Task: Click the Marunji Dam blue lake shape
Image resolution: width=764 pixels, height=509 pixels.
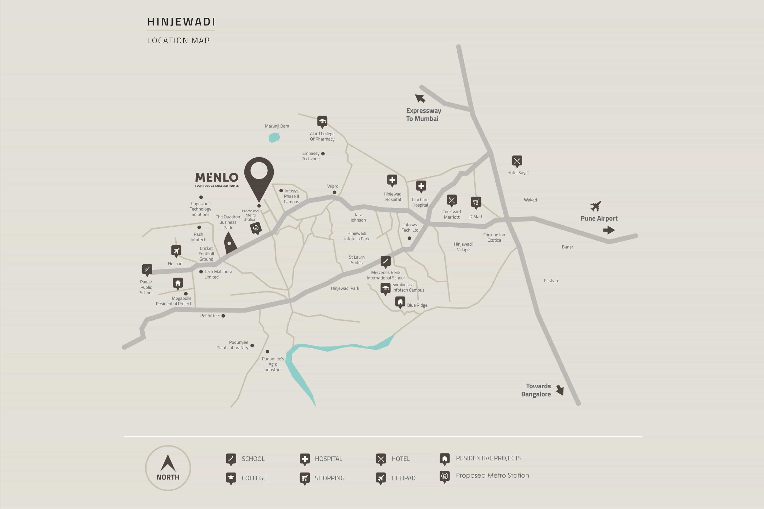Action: (274, 138)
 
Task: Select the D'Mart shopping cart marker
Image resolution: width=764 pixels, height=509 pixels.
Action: (476, 202)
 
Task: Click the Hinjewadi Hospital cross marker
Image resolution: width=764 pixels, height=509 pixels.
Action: (392, 180)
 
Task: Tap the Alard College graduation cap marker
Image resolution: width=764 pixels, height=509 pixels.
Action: (322, 121)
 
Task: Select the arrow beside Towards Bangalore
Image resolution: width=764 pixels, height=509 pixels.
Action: (560, 390)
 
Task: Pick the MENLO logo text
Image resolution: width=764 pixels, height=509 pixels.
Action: (217, 178)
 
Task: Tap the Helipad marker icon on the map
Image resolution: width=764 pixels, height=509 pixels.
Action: (176, 251)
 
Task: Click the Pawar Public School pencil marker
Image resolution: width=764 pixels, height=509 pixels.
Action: (147, 269)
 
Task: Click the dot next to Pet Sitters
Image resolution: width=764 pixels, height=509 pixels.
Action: (223, 316)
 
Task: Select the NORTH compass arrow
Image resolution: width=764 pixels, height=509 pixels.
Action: (168, 463)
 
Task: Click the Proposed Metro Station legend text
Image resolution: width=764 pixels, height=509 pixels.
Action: (492, 475)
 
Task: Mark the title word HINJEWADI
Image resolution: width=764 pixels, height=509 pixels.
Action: (181, 22)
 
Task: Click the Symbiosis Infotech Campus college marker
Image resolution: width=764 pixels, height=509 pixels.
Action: (385, 288)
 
